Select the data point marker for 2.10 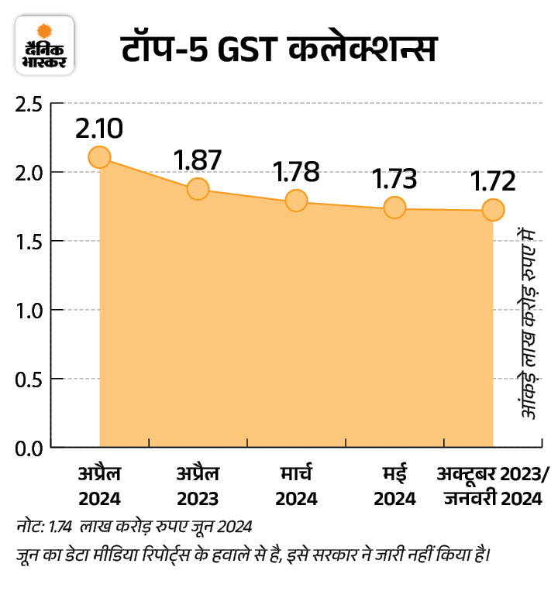(99, 157)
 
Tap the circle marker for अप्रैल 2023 (198, 189)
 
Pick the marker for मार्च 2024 (296, 201)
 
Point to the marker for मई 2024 (394, 208)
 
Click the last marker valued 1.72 (493, 210)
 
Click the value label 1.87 (198, 160)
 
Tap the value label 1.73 (394, 179)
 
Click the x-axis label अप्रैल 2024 (99, 485)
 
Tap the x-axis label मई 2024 (394, 486)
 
